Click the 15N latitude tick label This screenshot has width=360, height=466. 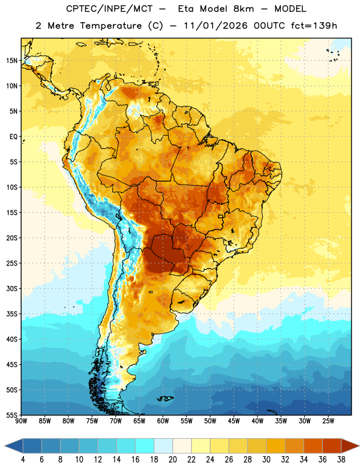(12, 61)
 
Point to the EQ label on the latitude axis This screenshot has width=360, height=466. (13, 137)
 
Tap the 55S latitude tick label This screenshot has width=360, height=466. (12, 415)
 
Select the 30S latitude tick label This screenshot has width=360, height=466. (12, 288)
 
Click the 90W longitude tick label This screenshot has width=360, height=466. (21, 421)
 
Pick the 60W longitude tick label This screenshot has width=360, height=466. (163, 421)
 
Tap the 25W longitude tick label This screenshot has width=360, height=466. (328, 421)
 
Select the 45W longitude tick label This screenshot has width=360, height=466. (234, 421)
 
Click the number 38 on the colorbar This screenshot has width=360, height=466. (341, 460)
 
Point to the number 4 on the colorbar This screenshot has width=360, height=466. (23, 460)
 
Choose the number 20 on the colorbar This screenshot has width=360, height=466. (172, 460)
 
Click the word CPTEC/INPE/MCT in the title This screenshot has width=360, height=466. (109, 9)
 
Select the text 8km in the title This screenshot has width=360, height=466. (243, 9)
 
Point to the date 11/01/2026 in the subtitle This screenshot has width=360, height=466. (216, 26)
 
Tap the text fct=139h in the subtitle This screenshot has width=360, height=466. (314, 26)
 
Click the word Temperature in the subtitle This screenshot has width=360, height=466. (111, 26)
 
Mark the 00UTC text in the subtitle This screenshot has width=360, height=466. (269, 26)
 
